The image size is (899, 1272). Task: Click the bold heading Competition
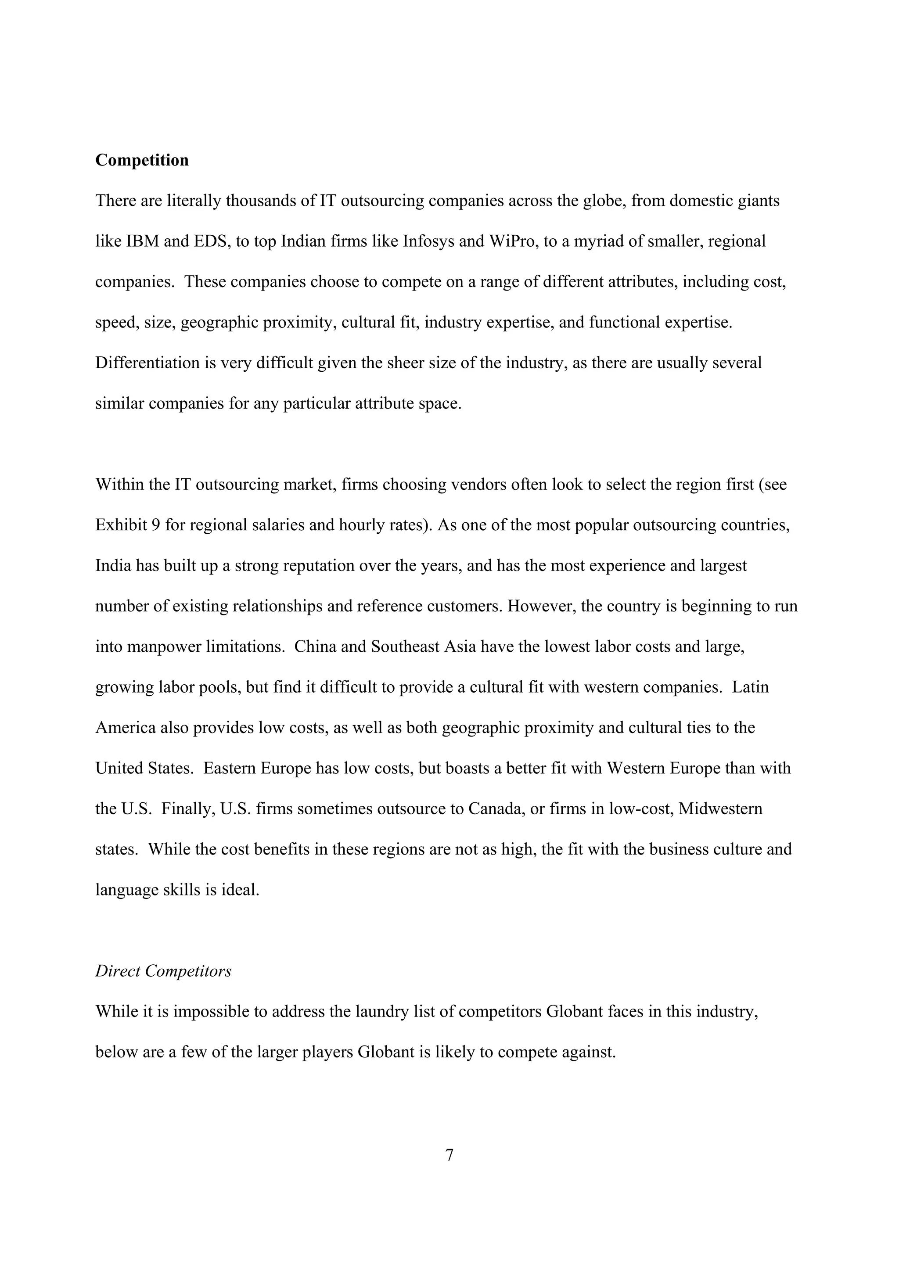142,160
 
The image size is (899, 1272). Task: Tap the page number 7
449,1155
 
